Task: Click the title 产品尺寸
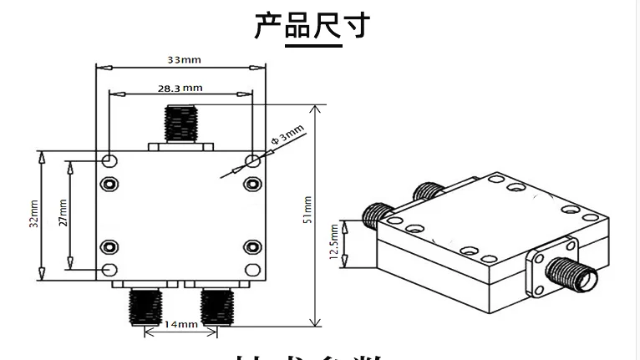(311, 26)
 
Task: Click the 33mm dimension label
(183, 60)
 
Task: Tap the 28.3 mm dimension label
(180, 87)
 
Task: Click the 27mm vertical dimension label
(63, 214)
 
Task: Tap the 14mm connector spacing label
(180, 323)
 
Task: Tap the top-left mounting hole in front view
(109, 160)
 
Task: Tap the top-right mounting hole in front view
(253, 160)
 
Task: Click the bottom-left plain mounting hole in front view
(109, 269)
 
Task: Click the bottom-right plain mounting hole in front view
(253, 269)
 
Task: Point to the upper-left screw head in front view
(109, 183)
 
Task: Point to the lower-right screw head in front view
(253, 246)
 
